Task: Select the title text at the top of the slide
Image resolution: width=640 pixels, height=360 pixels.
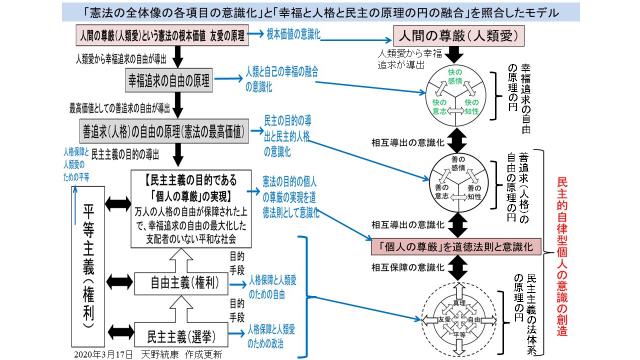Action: pyautogui.click(x=320, y=9)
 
